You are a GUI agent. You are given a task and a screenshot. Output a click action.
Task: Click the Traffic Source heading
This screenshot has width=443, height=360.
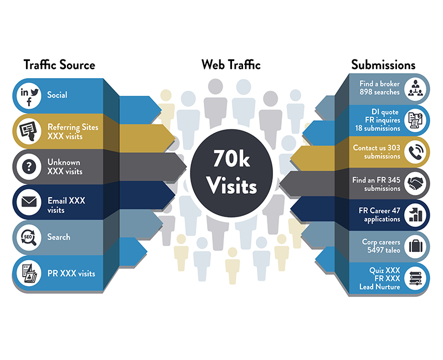59,65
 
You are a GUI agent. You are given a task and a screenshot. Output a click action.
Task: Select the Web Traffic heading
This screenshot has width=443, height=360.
231,65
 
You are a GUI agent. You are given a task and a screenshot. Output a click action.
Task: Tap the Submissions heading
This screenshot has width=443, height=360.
383,65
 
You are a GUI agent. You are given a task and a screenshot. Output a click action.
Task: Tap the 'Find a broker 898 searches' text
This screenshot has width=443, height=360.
379,88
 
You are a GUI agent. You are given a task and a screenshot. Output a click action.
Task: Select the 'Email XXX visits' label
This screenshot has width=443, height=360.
66,205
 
